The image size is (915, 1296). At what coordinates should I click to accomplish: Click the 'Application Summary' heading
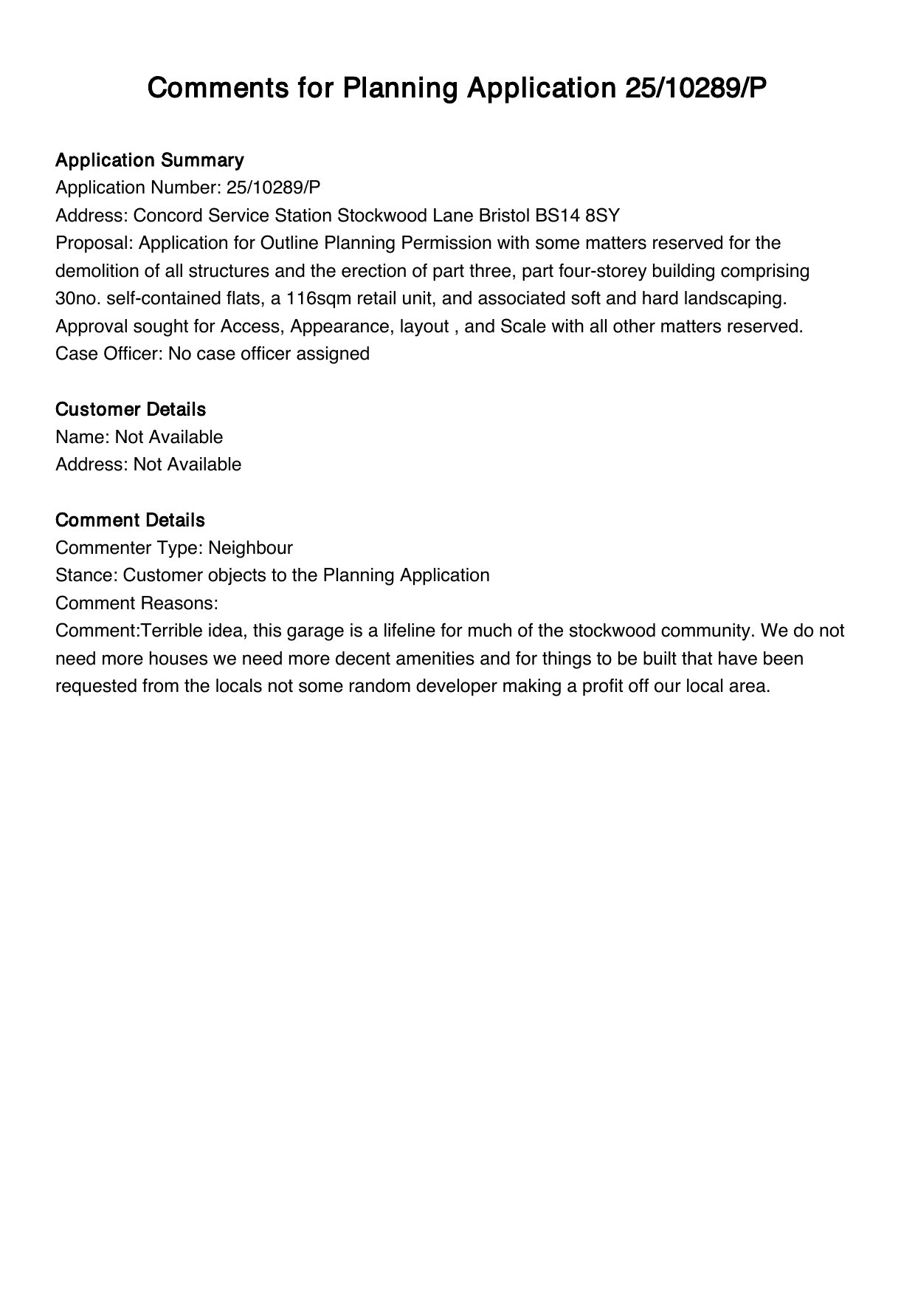pos(149,160)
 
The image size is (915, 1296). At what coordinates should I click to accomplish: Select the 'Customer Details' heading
pos(131,409)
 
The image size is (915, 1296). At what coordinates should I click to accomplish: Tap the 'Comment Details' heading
pos(130,520)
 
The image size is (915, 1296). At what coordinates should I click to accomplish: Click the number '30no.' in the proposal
pos(78,298)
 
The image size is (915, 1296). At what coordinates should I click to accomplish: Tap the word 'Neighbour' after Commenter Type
pos(250,548)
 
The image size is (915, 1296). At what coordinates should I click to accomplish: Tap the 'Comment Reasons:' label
pos(137,603)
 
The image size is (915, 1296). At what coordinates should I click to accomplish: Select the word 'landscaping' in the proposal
pos(739,298)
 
